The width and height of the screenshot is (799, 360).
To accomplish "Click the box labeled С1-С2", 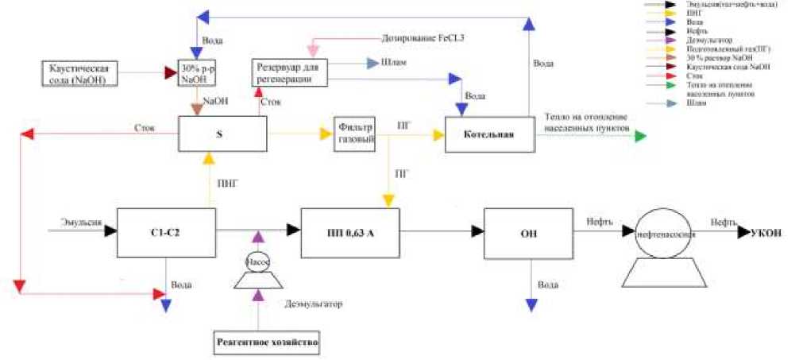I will (x=165, y=233).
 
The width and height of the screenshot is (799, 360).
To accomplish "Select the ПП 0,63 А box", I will (x=349, y=233).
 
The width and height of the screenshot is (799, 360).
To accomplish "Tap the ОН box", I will (x=530, y=233).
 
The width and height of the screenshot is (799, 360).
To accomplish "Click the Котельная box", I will (x=490, y=134).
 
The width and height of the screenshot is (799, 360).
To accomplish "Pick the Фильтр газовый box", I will (x=355, y=134).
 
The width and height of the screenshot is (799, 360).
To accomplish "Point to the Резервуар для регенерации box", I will (x=288, y=72).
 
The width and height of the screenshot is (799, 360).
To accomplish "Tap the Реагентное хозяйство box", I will (x=268, y=343).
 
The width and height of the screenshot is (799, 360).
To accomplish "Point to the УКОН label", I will (x=770, y=232).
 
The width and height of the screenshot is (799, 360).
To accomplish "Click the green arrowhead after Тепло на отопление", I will (x=640, y=135).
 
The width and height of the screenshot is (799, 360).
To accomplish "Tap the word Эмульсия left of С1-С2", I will (x=76, y=223).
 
